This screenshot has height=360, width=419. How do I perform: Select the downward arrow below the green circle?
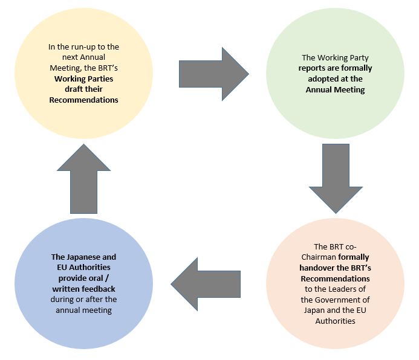pyautogui.click(x=337, y=178)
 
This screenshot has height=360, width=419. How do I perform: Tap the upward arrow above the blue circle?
pyautogui.click(x=83, y=178)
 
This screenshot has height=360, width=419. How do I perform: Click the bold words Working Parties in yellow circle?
pyautogui.click(x=83, y=79)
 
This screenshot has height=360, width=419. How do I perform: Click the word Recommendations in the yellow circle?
pyautogui.click(x=83, y=100)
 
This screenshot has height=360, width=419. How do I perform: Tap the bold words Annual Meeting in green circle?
pyautogui.click(x=337, y=89)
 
